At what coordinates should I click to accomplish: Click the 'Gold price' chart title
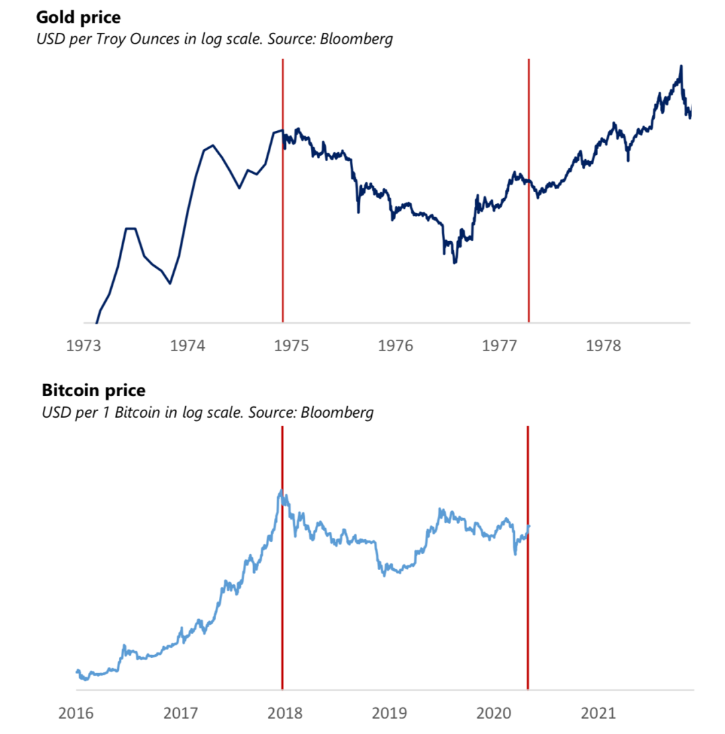83,16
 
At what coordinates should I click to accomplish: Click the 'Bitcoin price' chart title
93,390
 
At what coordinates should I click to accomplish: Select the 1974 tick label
188,346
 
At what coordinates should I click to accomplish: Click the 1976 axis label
395,346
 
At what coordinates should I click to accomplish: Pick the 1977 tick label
499,346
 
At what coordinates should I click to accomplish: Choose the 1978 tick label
603,346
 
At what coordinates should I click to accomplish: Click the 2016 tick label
76,713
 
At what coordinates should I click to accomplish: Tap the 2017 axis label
181,713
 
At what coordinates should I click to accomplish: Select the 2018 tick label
286,713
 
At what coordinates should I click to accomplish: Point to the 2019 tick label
390,713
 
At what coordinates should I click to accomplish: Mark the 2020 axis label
494,713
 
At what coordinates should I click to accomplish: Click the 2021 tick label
598,713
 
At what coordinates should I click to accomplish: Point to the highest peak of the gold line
681,66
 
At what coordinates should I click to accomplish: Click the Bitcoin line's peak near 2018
281,491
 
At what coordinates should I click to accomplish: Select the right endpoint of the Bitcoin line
529,526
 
